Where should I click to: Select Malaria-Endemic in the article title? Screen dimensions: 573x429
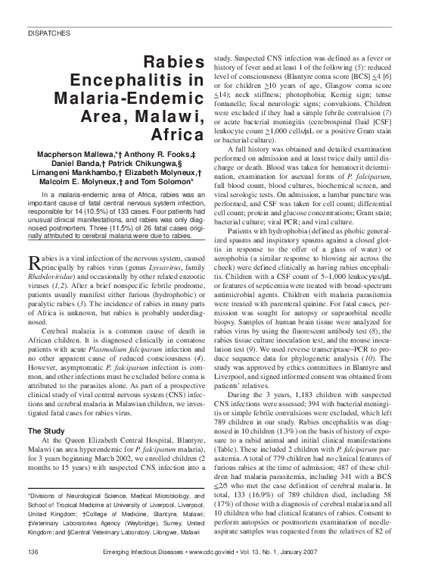(x=141, y=99)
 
